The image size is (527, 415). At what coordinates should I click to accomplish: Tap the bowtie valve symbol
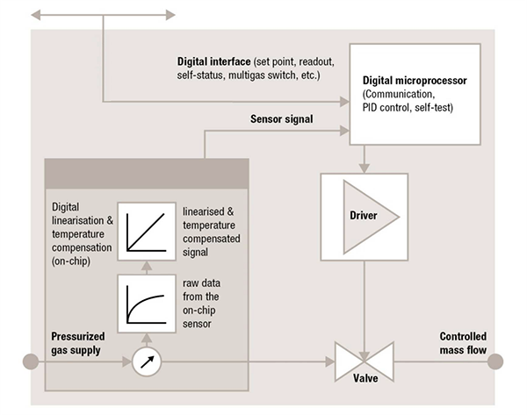tap(363, 360)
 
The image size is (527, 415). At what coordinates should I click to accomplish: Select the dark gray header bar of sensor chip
tap(145, 168)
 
